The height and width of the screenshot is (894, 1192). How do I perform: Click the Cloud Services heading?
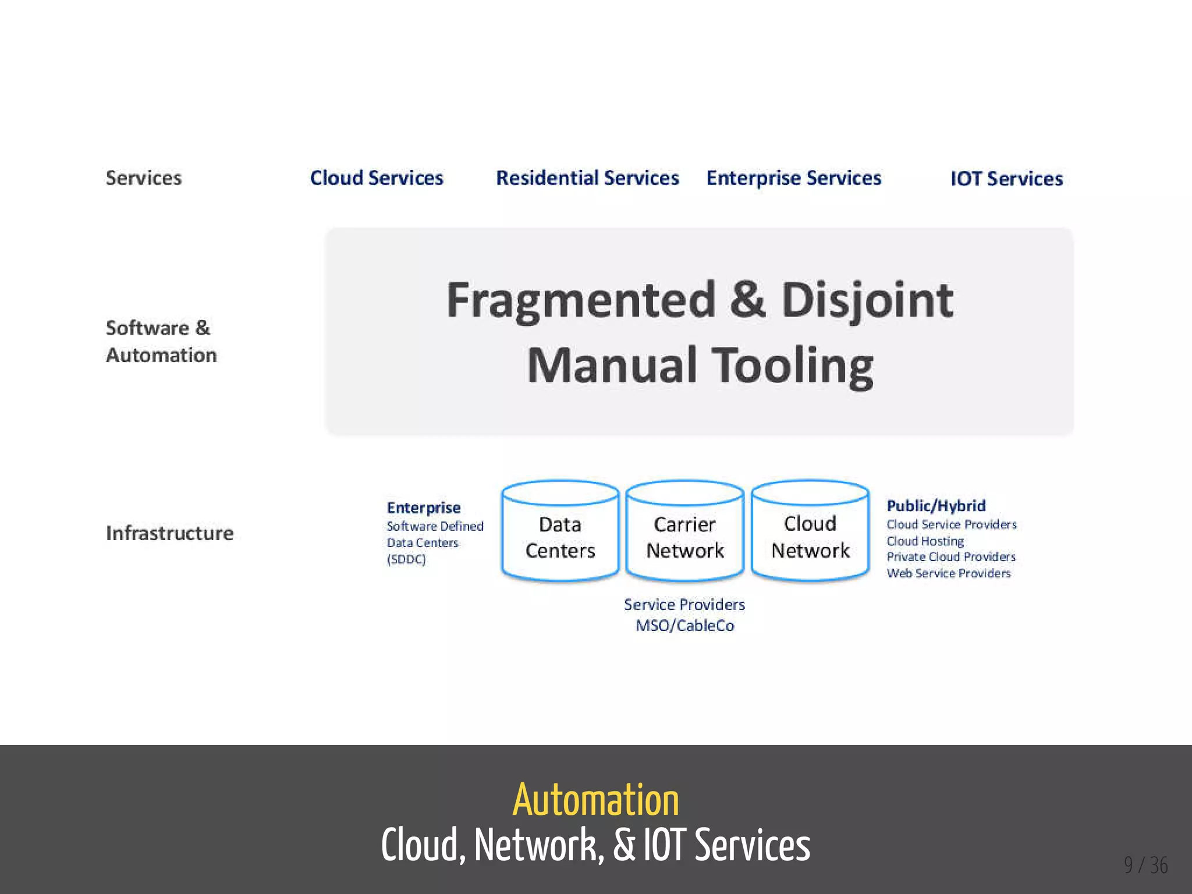click(x=377, y=178)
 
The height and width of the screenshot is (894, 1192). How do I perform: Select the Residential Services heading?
click(x=587, y=178)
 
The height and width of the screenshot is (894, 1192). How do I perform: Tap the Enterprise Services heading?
click(x=794, y=178)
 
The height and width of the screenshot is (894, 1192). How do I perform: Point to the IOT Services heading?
click(x=1006, y=179)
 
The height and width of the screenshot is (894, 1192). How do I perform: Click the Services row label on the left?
click(x=144, y=178)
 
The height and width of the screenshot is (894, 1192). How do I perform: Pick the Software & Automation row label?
click(x=161, y=342)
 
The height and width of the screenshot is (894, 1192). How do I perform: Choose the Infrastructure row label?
click(x=169, y=533)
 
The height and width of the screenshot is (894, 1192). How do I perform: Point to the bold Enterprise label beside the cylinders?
click(x=424, y=508)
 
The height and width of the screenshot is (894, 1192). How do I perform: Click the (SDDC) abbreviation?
click(x=406, y=559)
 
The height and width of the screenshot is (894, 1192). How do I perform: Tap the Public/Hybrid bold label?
click(x=936, y=506)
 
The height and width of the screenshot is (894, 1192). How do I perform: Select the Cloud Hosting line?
click(x=925, y=541)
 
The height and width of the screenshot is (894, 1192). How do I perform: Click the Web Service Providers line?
click(x=949, y=573)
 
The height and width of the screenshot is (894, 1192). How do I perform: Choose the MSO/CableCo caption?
click(x=685, y=626)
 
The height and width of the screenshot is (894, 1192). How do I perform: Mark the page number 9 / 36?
click(x=1145, y=865)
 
